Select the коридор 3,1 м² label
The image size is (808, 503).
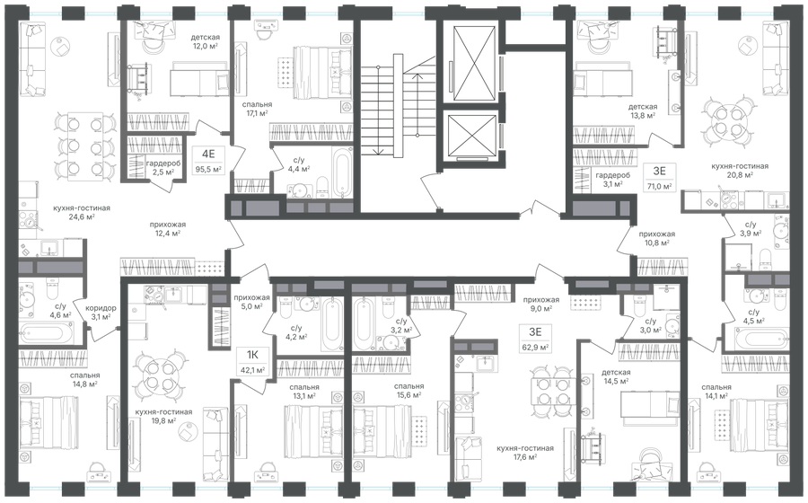click(x=101, y=312)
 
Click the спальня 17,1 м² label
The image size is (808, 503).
click(x=258, y=110)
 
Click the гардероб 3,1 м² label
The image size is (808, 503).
click(x=612, y=181)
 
